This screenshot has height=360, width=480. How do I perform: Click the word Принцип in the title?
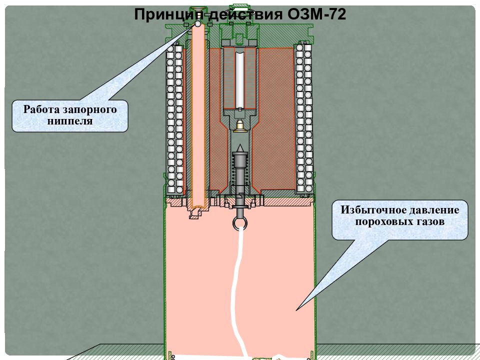[x=169, y=14]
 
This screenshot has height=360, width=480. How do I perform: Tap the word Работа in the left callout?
[x=41, y=109]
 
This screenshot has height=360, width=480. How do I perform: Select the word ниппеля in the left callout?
[x=70, y=120]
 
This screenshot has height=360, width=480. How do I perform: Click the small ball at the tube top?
[x=198, y=23]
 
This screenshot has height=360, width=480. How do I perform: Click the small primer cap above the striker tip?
[x=239, y=126]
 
